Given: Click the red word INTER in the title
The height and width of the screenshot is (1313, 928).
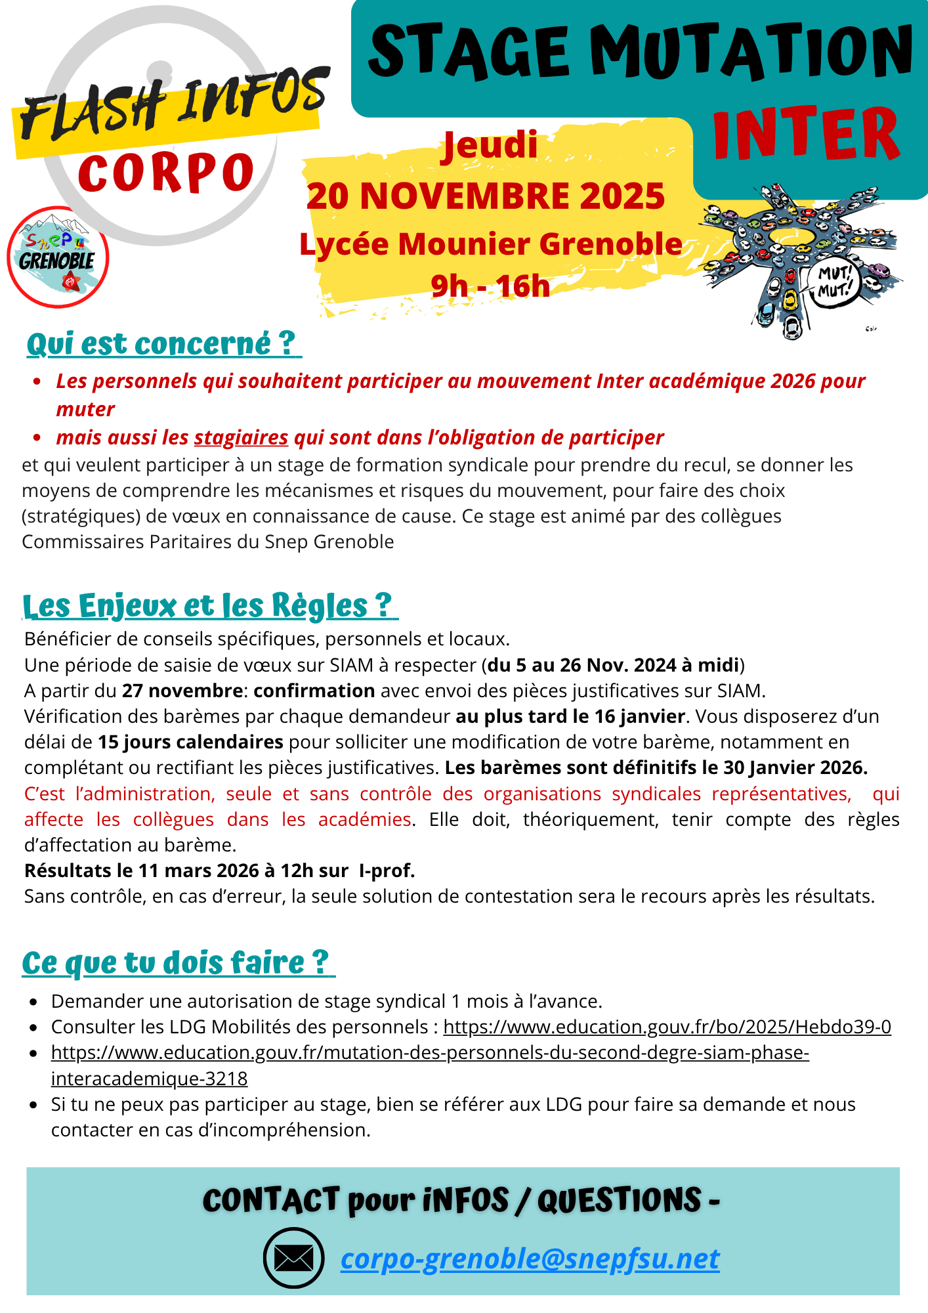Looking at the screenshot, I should [x=806, y=135].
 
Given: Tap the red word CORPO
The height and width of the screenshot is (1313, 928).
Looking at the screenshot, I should [x=166, y=173].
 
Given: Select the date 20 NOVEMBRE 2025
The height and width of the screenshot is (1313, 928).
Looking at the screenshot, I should [x=486, y=196].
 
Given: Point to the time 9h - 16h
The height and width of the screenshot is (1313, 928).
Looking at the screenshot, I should [x=490, y=286].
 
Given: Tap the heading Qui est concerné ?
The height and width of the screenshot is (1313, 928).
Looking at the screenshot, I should [x=161, y=344].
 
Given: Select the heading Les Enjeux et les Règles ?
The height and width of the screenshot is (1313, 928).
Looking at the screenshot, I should [x=208, y=605].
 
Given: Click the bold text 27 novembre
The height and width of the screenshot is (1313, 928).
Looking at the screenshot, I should [x=182, y=691].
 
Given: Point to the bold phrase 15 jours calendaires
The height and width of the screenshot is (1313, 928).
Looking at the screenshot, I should [x=190, y=742].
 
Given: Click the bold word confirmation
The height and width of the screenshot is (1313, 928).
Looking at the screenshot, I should [x=314, y=691].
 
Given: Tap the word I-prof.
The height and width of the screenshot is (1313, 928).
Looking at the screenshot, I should [x=387, y=871].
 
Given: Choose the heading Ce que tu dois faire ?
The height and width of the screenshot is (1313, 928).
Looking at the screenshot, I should [x=176, y=962].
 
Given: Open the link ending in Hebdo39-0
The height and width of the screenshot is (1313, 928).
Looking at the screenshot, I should [x=667, y=1027].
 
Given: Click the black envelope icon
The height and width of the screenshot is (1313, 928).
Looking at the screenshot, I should [x=293, y=1258].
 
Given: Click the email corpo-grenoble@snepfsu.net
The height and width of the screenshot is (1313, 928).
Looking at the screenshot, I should [x=530, y=1259].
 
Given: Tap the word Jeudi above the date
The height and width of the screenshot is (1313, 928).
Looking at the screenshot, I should [x=490, y=146].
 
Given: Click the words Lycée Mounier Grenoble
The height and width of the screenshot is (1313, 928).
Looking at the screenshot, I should [x=491, y=244].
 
